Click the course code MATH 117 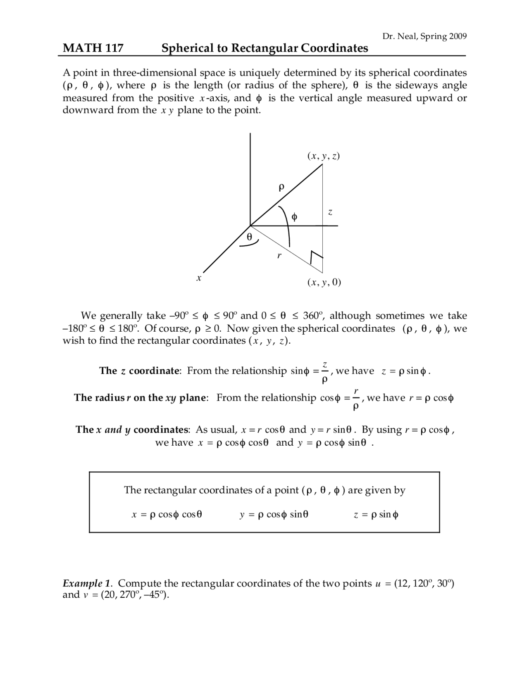(x=93, y=48)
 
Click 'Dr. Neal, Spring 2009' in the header (x=424, y=36)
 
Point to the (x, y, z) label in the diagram (x=324, y=156)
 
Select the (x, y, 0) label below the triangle (x=324, y=282)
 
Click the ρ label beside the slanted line (x=281, y=188)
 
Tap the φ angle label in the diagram (x=294, y=217)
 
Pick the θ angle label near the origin (x=249, y=237)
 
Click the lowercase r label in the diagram (x=279, y=256)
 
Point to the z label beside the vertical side (x=330, y=212)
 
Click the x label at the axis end (x=199, y=278)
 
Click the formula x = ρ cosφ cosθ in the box (x=167, y=515)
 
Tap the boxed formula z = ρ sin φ (x=376, y=515)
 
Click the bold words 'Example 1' (x=87, y=584)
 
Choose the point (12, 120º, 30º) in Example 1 (x=424, y=584)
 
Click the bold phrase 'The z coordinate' (x=140, y=371)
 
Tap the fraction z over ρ (x=325, y=371)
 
